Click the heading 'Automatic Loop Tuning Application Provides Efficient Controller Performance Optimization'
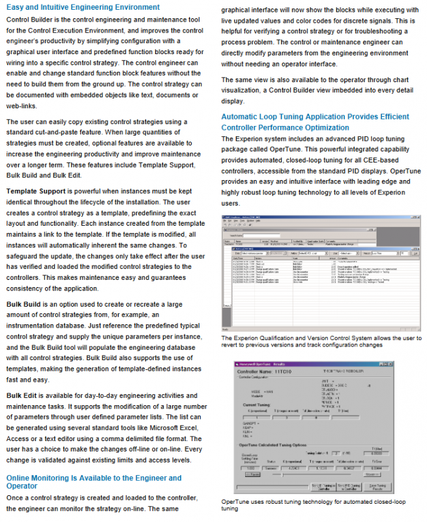pos(316,123)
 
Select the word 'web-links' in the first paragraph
pos(22,106)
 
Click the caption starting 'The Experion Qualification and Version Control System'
pos(321,341)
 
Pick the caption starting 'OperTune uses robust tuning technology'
pos(313,504)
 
